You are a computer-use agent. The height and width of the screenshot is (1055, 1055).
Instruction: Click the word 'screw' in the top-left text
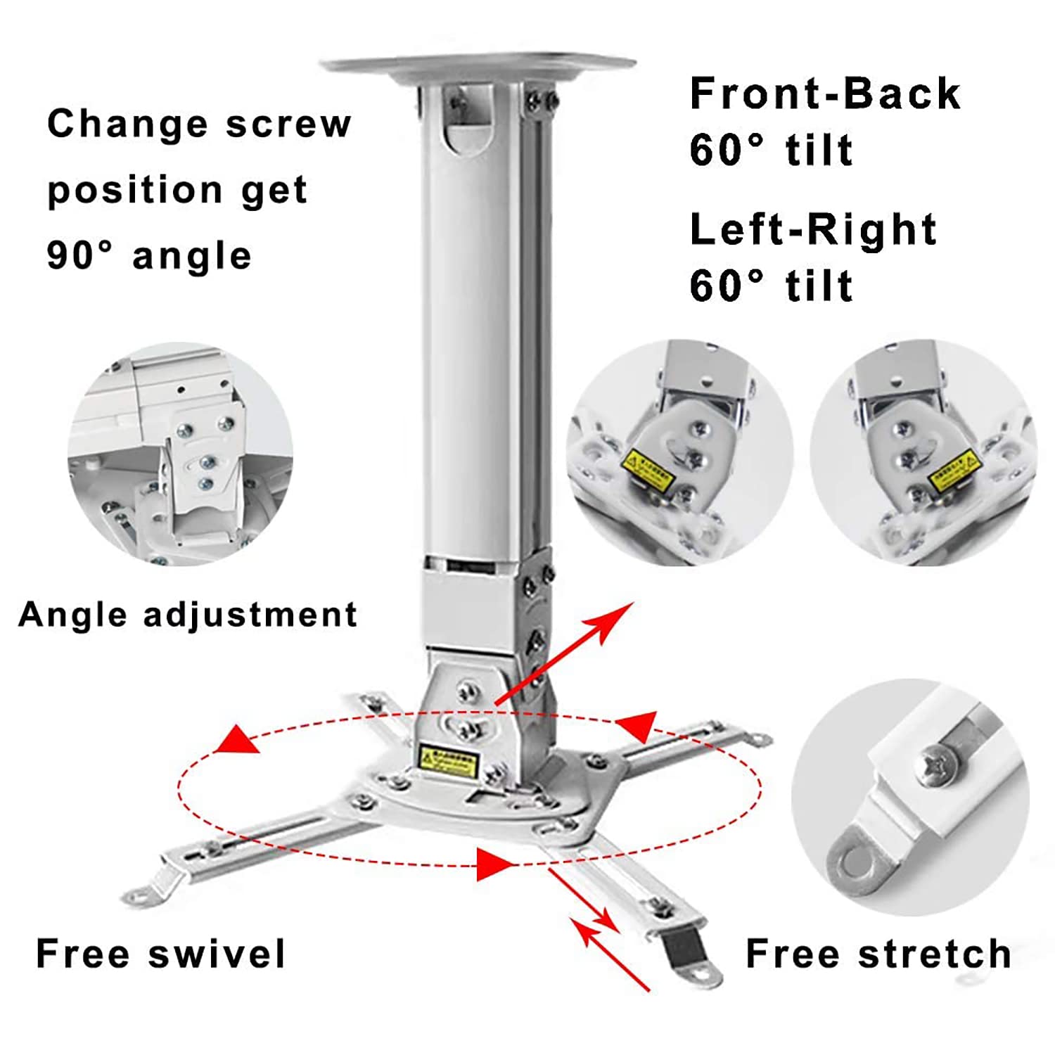click(x=288, y=124)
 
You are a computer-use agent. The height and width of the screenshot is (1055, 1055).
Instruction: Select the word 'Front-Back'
click(x=824, y=94)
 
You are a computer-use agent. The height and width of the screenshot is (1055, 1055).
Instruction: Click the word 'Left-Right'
click(x=813, y=230)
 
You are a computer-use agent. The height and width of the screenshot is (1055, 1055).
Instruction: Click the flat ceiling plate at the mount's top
click(x=478, y=67)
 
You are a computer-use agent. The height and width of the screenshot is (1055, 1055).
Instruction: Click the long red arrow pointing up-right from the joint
click(x=563, y=654)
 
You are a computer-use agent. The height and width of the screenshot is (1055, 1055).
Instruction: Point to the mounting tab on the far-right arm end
click(x=758, y=739)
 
